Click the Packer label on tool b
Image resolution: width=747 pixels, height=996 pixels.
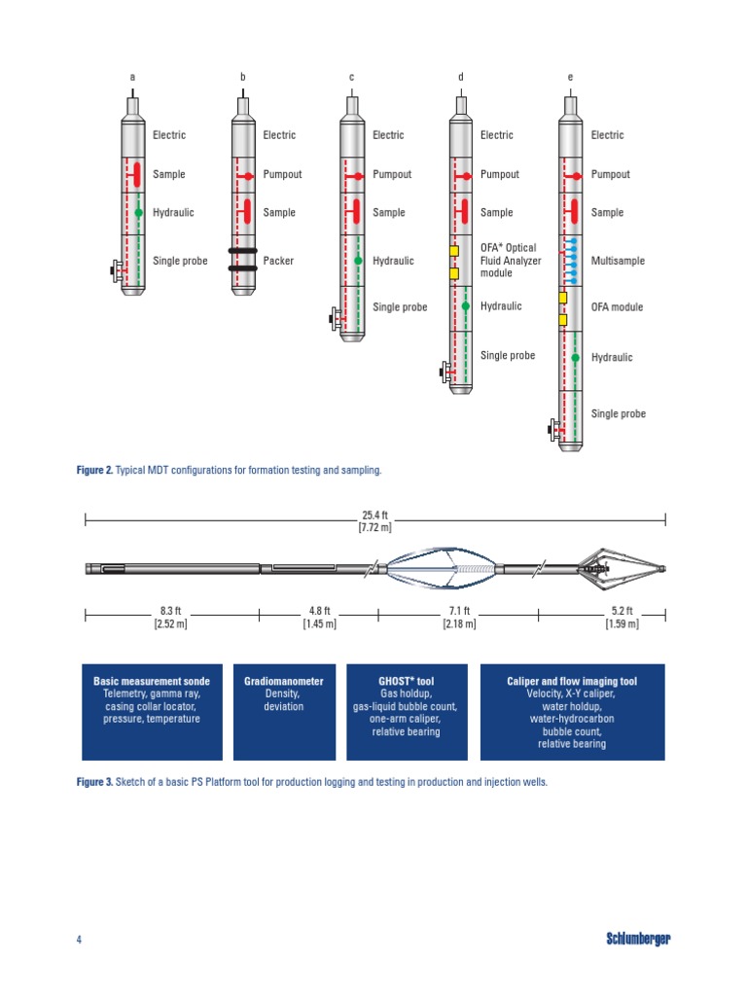coord(277,261)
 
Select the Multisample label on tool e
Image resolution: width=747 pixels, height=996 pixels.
coord(618,261)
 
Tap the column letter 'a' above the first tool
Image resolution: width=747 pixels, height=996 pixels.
coord(133,77)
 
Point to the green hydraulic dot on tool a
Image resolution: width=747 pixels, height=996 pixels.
coord(139,212)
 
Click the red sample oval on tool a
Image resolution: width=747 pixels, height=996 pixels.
coord(137,175)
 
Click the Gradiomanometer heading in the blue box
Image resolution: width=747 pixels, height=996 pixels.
coord(284,682)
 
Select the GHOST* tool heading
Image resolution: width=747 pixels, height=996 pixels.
coord(406,682)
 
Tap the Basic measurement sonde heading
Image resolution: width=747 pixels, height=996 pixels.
coord(151,682)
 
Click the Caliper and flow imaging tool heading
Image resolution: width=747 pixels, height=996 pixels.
coord(572,682)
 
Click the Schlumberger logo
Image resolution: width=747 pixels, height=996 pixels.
coord(638,939)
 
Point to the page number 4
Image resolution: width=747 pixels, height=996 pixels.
coord(79,939)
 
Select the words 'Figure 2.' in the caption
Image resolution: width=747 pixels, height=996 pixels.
coord(94,470)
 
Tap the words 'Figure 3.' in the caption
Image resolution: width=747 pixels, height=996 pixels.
coord(94,781)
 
